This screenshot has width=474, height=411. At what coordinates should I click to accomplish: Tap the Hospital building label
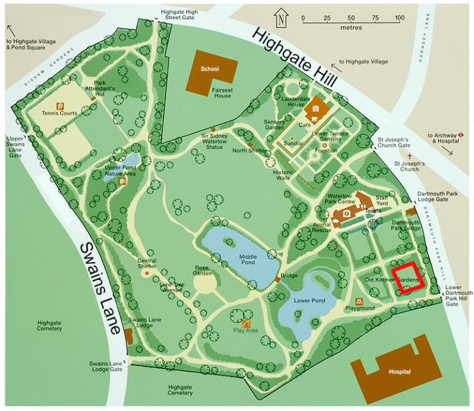tap(399, 373)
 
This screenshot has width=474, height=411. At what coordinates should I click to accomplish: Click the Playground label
tap(360, 307)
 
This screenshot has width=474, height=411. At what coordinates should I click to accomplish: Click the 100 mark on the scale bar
tap(398, 19)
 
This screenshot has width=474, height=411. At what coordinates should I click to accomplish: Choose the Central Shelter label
tap(146, 263)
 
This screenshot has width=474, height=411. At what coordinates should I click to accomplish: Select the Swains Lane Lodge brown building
tap(128, 337)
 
